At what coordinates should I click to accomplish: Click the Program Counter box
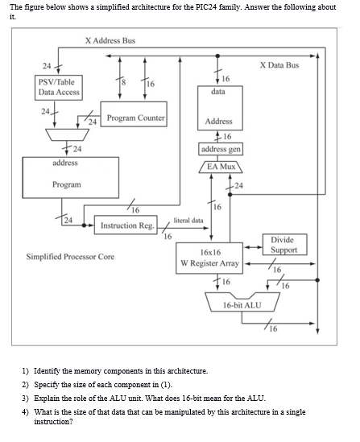[134, 118]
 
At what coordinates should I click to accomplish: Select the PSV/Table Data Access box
[57, 88]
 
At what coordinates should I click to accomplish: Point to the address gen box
[219, 150]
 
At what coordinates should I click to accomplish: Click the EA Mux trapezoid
[219, 167]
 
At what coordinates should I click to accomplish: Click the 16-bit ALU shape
[242, 305]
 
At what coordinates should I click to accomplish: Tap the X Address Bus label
[110, 40]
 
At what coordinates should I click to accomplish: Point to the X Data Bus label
[279, 64]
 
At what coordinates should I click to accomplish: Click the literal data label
[188, 219]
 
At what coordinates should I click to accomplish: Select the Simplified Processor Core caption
[70, 257]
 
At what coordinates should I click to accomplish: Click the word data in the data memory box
[218, 93]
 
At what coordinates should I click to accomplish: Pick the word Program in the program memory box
[66, 184]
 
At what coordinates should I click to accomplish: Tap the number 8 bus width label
[122, 80]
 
